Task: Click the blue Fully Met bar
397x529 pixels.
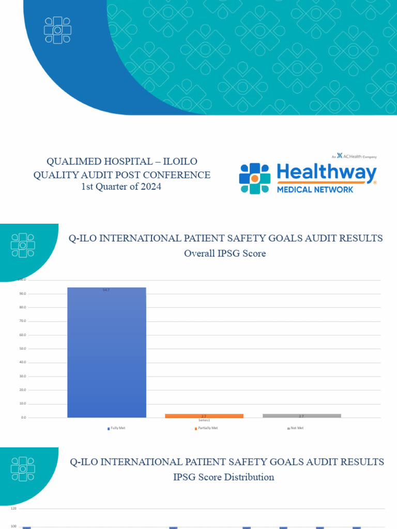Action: coord(106,351)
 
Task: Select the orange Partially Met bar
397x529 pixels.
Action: coord(204,415)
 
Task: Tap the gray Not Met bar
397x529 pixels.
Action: coord(302,415)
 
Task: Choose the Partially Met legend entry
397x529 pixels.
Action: coord(206,428)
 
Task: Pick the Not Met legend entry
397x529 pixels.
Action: coord(296,428)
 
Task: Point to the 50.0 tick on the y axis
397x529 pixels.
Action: coord(23,349)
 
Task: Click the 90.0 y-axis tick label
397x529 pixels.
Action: coord(23,293)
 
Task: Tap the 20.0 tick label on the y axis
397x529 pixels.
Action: coord(23,390)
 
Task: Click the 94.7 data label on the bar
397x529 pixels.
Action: coord(106,290)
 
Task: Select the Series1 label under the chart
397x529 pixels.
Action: coord(204,421)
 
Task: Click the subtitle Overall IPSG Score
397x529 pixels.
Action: coord(225,254)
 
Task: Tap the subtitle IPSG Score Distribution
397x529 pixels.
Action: coord(223,477)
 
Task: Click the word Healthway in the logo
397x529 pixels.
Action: coord(327,173)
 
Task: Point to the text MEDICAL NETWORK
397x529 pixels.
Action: coord(315,190)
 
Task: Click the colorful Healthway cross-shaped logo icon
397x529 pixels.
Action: coord(254,178)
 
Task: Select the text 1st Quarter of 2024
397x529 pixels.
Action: coord(121,187)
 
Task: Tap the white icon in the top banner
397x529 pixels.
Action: coord(57,30)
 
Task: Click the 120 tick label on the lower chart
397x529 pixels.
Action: coord(13,509)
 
